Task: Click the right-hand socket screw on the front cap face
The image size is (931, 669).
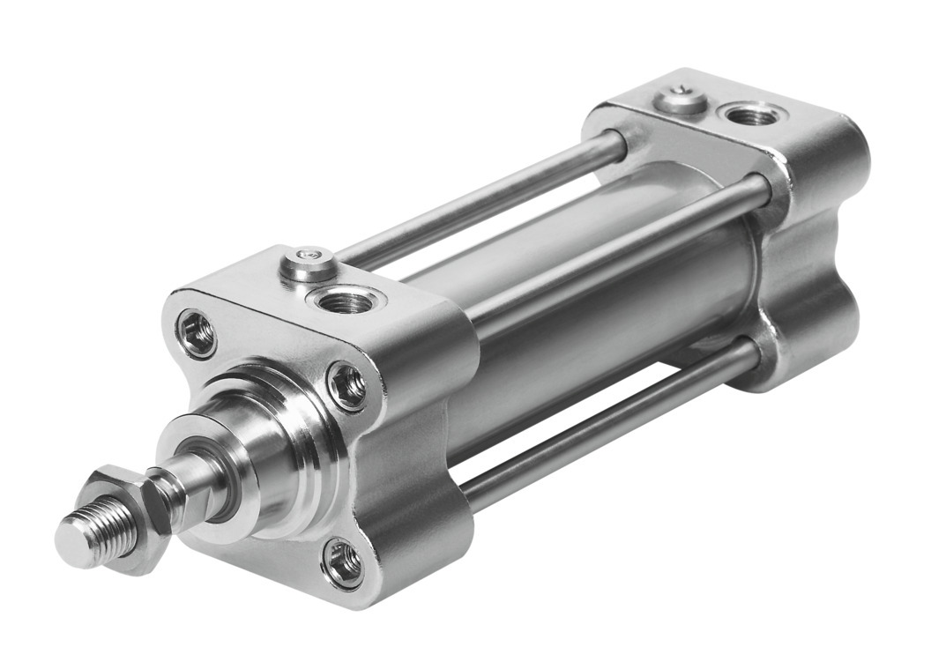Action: point(347,385)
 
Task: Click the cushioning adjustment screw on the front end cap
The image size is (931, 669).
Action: point(308,262)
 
